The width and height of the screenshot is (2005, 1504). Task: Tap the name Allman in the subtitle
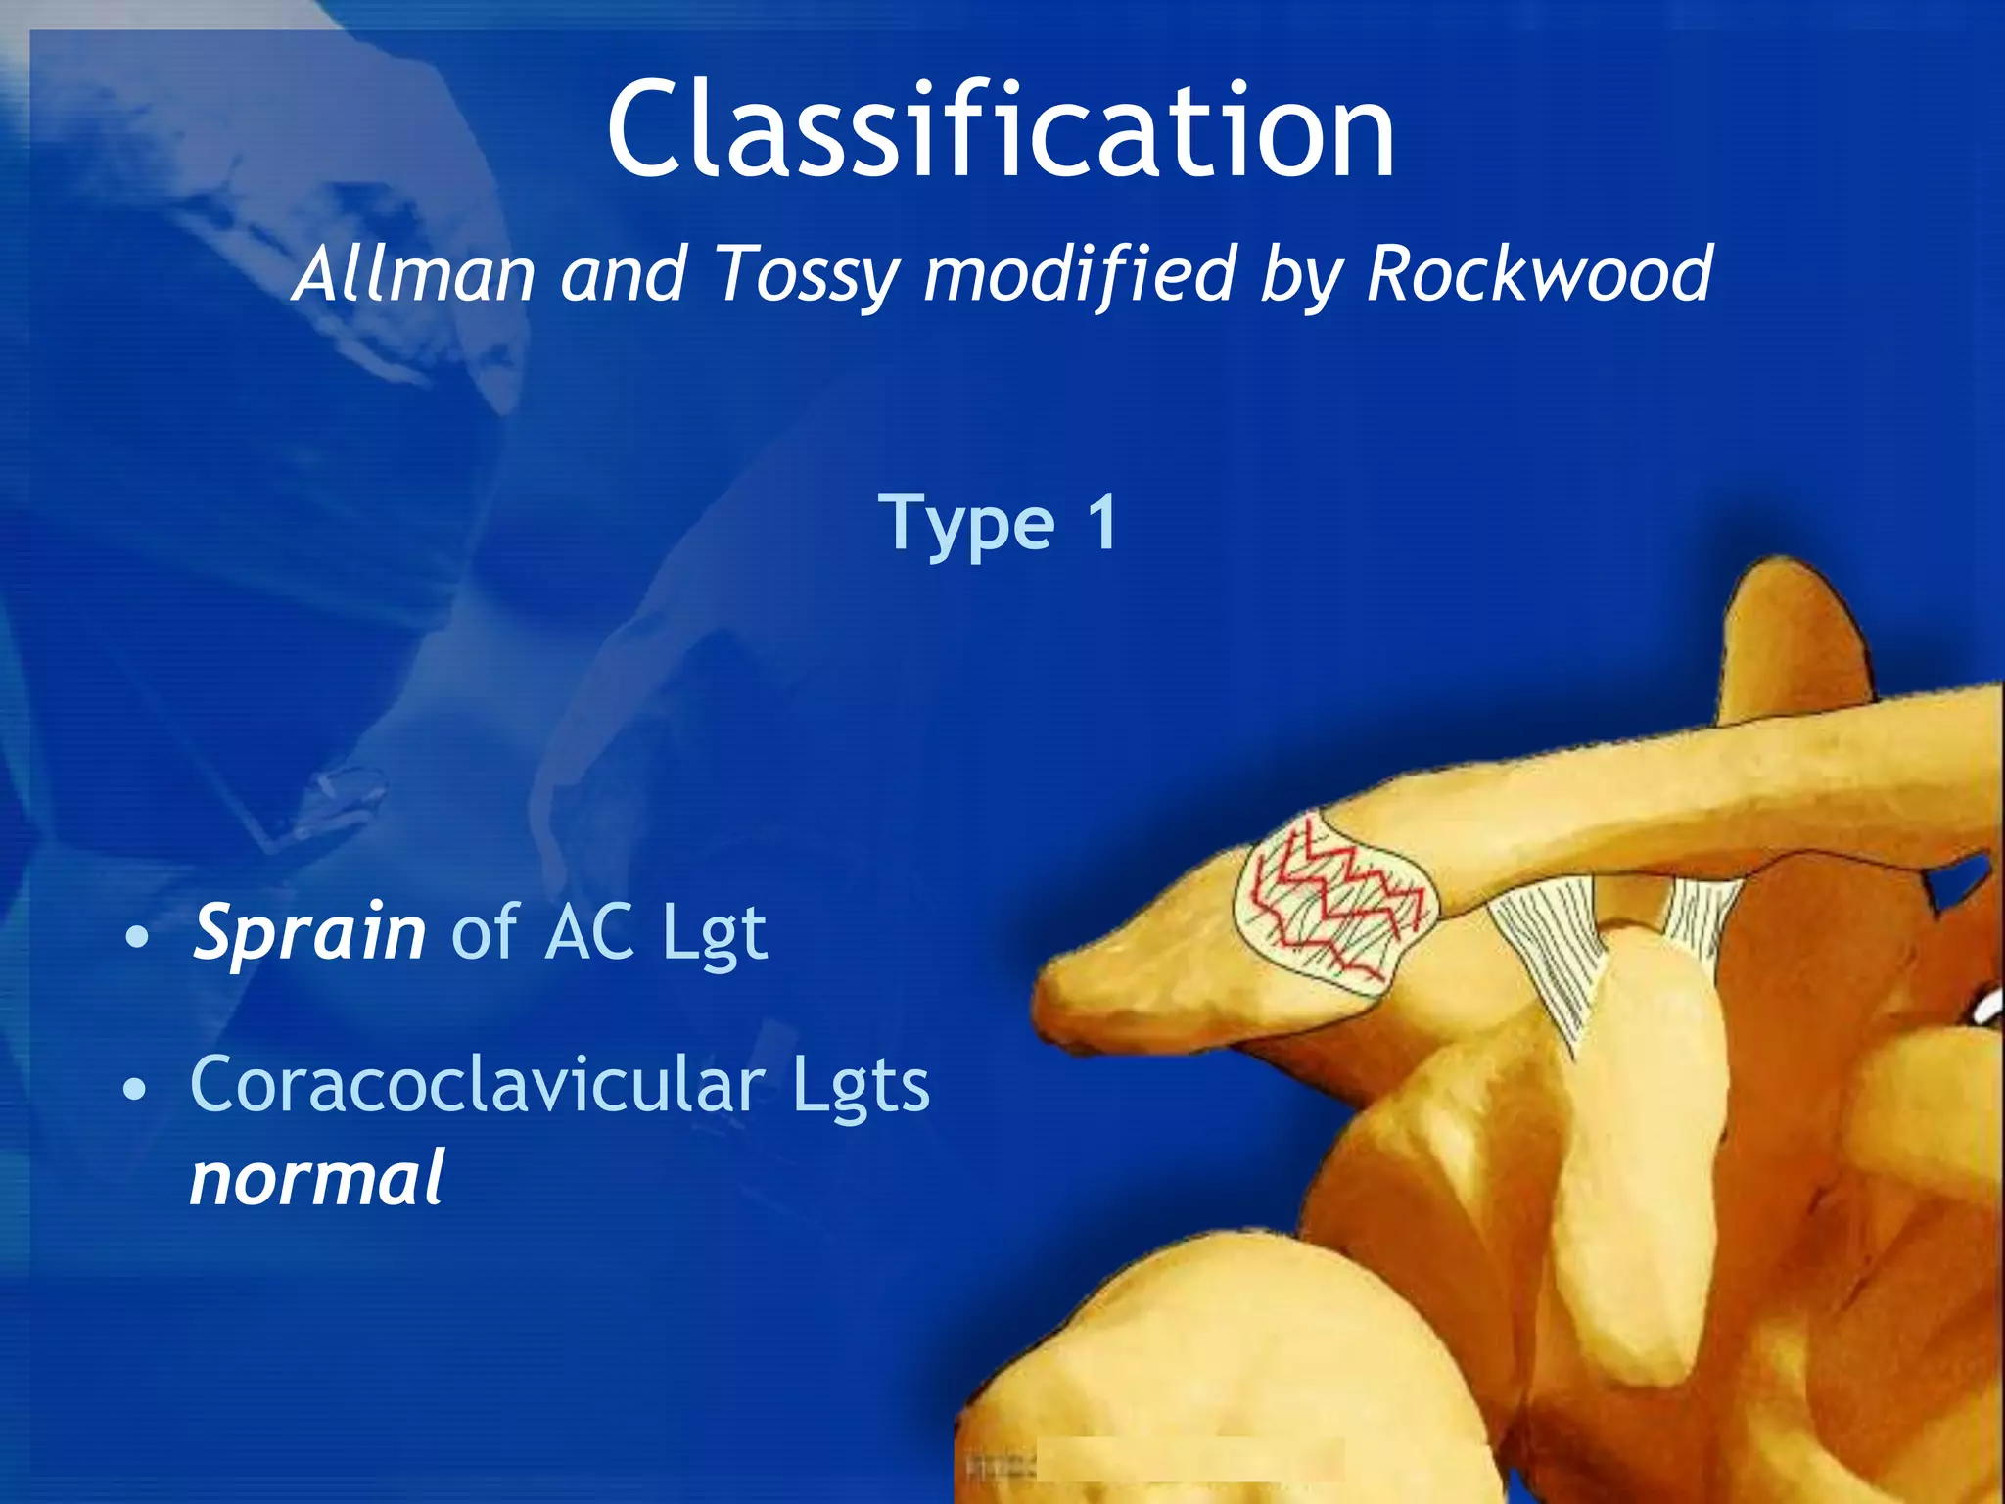[x=413, y=273]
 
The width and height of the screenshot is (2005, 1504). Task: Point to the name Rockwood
[x=1538, y=273]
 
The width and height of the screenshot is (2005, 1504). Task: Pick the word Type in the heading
[x=966, y=524]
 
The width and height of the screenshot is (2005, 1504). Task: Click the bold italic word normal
[x=316, y=1177]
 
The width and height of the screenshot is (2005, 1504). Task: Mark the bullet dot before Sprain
[x=139, y=938]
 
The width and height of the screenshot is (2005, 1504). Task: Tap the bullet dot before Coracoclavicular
[x=137, y=1089]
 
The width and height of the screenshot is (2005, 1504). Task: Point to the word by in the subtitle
[x=1300, y=275]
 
